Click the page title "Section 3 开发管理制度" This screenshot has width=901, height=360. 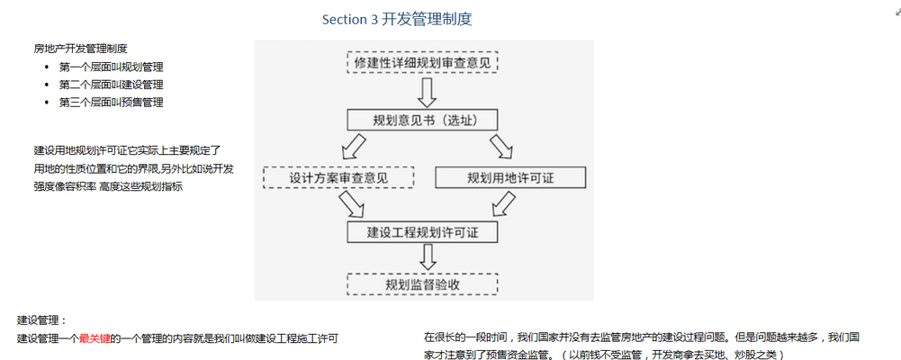click(x=397, y=19)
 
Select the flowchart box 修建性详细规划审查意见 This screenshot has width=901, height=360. click(x=422, y=63)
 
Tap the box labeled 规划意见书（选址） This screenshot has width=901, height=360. click(x=422, y=121)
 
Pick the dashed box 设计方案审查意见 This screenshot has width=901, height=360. click(x=338, y=177)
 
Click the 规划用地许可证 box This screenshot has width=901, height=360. click(x=510, y=177)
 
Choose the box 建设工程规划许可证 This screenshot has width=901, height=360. click(x=422, y=232)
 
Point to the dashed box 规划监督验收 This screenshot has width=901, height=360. click(x=422, y=285)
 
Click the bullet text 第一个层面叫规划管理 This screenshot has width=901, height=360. click(x=111, y=67)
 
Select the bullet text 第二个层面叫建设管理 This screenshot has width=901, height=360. click(x=111, y=85)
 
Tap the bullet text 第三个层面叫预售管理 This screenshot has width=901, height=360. click(x=111, y=103)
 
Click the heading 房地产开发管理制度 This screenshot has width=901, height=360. click(x=80, y=49)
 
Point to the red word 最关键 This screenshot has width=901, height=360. click(x=94, y=338)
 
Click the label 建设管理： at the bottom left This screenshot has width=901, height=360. click(x=42, y=320)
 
